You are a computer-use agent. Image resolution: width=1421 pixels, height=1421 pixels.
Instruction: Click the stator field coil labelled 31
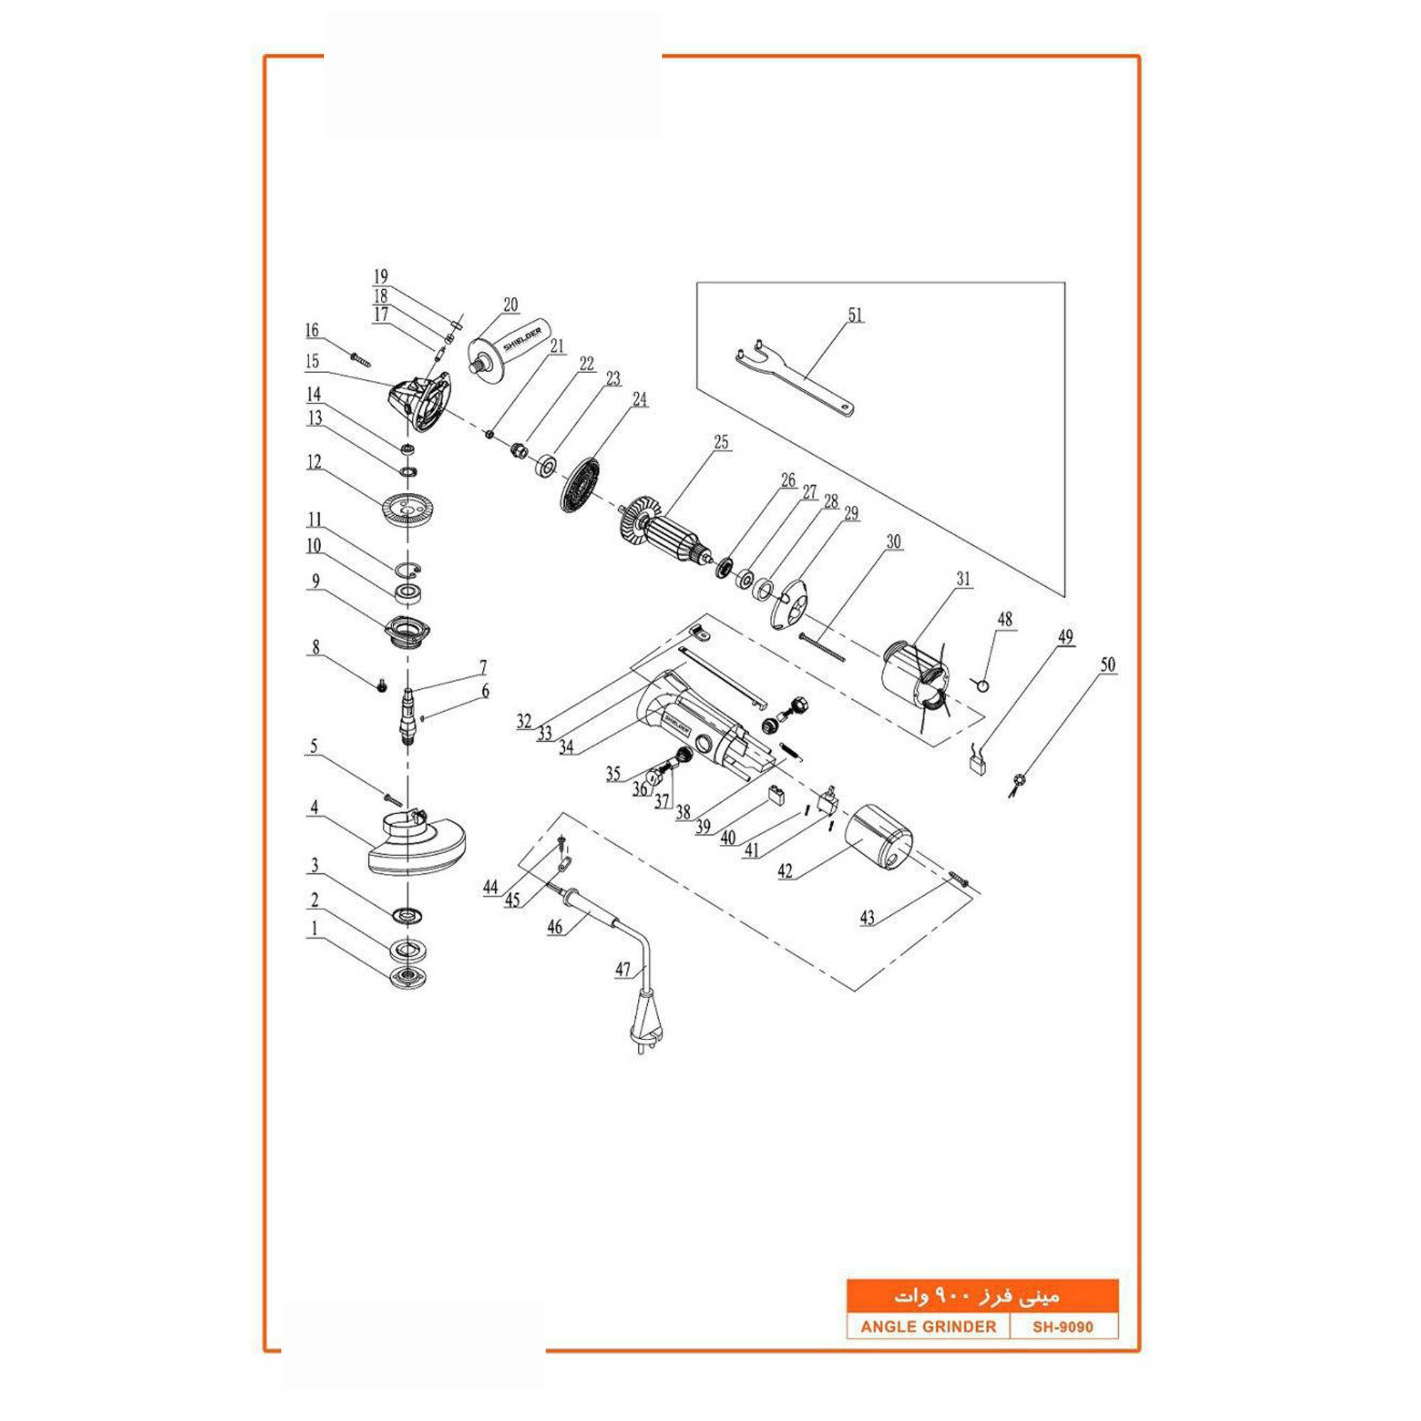(x=917, y=681)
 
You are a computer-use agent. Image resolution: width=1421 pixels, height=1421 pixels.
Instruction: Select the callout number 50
(x=1107, y=665)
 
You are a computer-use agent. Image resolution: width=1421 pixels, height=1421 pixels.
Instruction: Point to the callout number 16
(x=312, y=330)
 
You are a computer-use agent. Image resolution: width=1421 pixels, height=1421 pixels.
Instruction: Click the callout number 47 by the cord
(x=622, y=969)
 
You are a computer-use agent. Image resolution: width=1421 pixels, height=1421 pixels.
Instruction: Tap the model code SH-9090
(x=1063, y=1327)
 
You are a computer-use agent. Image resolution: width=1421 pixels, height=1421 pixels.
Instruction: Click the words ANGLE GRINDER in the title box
(x=928, y=1327)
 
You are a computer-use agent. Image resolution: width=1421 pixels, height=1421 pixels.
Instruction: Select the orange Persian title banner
(x=982, y=1296)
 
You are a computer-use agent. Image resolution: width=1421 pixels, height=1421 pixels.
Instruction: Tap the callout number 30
(x=893, y=542)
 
